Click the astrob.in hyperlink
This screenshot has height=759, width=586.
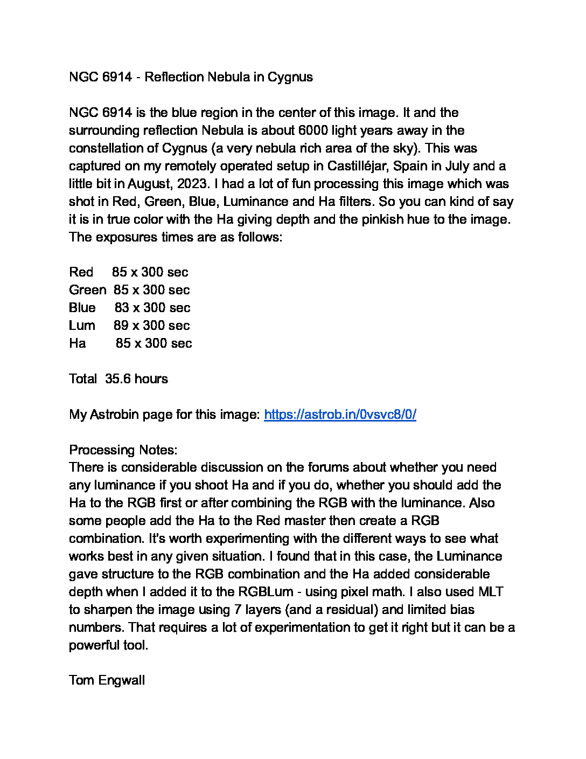[x=340, y=415]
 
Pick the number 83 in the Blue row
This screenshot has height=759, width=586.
[x=122, y=308]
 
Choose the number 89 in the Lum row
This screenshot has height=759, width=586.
[x=121, y=326]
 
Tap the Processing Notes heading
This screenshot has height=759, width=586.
[x=123, y=450]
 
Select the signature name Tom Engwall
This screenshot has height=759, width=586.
[x=107, y=680]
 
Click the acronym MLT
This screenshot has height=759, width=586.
[x=491, y=592]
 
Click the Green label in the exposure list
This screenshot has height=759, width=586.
[x=88, y=290]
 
